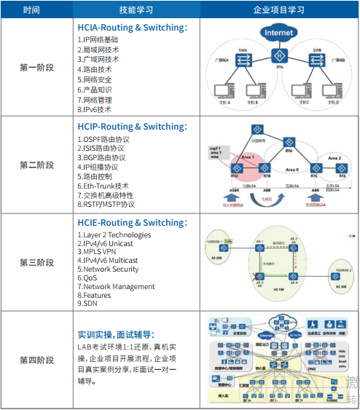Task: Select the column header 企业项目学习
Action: [278, 10]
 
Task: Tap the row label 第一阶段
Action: [36, 68]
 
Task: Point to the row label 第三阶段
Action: [36, 262]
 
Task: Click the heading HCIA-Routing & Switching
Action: [132, 27]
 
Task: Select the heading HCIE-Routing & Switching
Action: [132, 223]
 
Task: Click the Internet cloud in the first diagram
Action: [279, 33]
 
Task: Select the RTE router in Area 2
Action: [341, 172]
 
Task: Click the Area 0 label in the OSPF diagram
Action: [291, 170]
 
